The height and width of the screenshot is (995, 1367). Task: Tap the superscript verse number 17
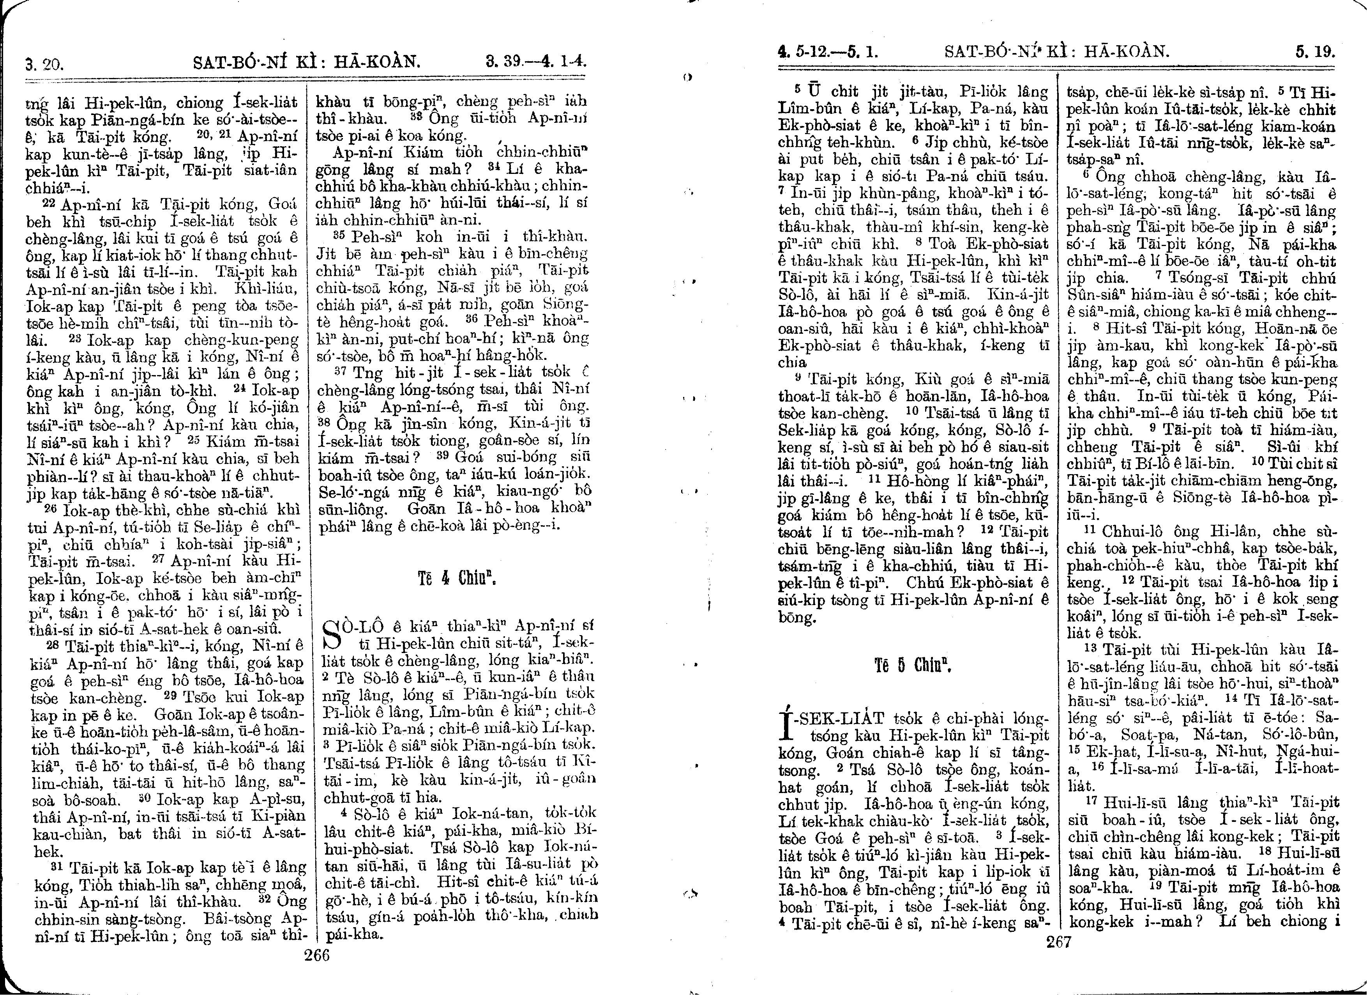click(1088, 802)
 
